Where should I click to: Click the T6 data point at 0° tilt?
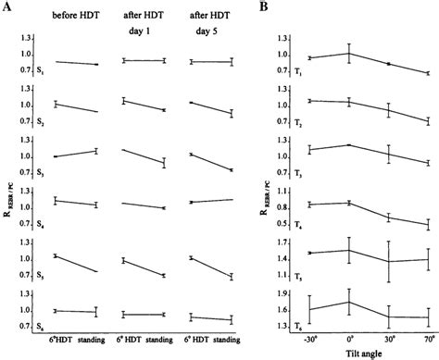pyautogui.click(x=349, y=302)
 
